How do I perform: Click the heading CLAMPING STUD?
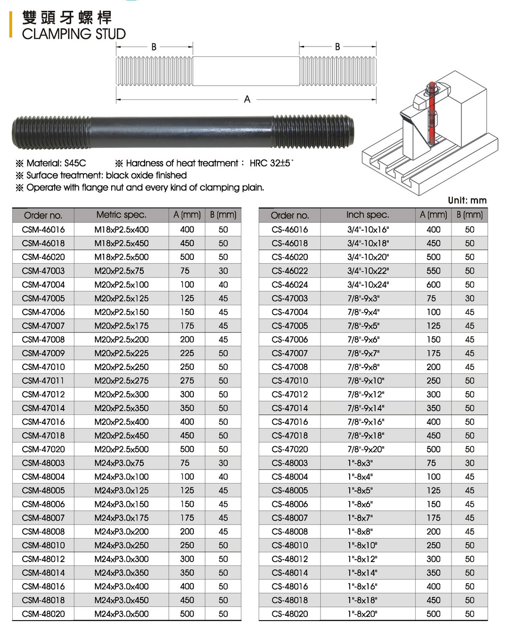(74, 34)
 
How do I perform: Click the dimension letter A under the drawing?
(247, 99)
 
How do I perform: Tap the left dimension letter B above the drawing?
(154, 47)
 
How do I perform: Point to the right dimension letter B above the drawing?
(337, 47)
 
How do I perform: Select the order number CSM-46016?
(43, 229)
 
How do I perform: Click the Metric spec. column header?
(121, 215)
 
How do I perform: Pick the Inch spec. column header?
(368, 215)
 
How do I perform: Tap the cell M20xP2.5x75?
(119, 271)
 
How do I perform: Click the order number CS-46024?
(290, 284)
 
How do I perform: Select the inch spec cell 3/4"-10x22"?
(368, 271)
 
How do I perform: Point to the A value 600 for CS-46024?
(434, 284)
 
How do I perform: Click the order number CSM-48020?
(43, 614)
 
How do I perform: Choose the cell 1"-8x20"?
(362, 614)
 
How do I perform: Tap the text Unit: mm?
(467, 200)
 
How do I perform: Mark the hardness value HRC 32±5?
(271, 163)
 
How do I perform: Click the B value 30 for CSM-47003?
(223, 271)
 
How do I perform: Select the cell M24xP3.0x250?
(122, 545)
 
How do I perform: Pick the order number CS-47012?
(290, 394)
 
